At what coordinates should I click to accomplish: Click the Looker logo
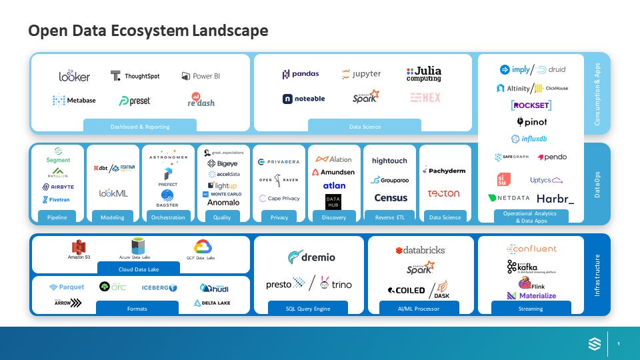[x=74, y=76]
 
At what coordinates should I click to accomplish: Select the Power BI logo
[x=201, y=76]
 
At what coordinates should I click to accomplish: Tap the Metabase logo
[x=74, y=101]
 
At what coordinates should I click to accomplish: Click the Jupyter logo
[x=361, y=74]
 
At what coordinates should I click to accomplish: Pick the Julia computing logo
[x=424, y=74]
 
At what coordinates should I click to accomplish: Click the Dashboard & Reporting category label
[x=140, y=126]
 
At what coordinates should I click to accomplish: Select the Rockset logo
[x=531, y=105]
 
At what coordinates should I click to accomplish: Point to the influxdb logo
[x=530, y=139]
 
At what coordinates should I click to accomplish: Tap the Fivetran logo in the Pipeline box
[x=56, y=199]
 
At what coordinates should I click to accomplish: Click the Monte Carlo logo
[x=224, y=194]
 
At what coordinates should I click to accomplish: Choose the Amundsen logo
[x=333, y=172]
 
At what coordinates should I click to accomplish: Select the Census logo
[x=391, y=198]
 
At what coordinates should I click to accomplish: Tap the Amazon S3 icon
[x=79, y=249]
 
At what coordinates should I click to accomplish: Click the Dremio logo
[x=312, y=257]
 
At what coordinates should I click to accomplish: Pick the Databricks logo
[x=420, y=250]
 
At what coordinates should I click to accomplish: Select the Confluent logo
[x=531, y=249]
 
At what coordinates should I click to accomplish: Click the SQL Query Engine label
[x=309, y=309]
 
